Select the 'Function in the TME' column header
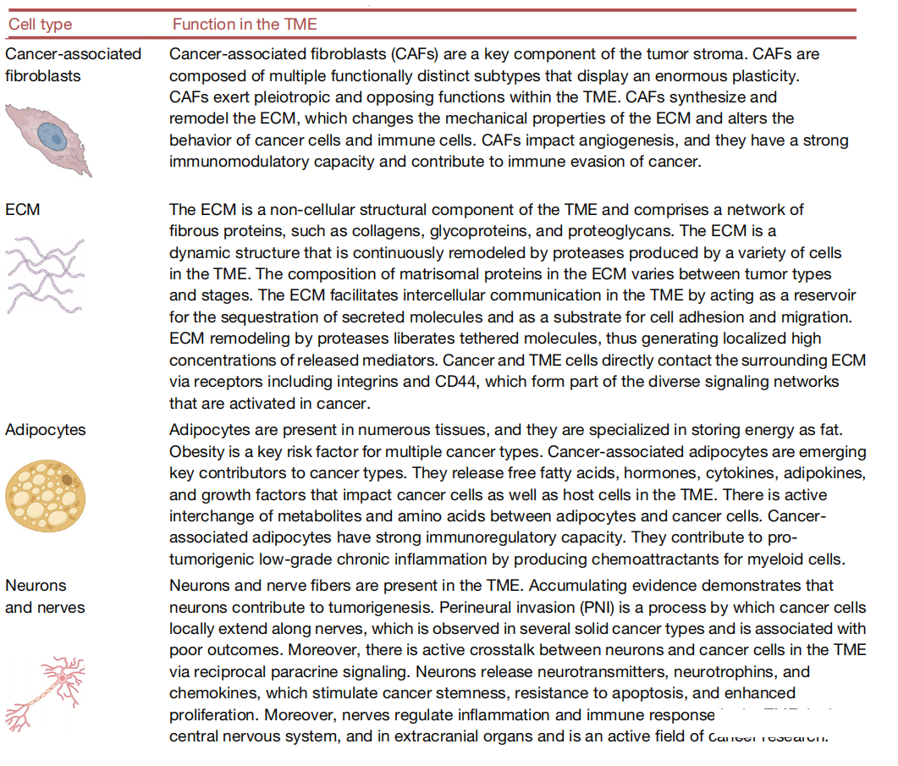(x=245, y=24)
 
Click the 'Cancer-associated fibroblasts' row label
(x=73, y=64)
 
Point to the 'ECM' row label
(x=23, y=209)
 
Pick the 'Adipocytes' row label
(x=46, y=429)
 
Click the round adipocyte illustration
(x=47, y=494)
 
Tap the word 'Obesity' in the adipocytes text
(x=197, y=450)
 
